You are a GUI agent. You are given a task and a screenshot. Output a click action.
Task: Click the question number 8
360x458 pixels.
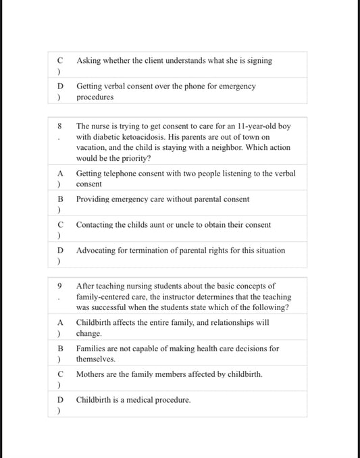59,126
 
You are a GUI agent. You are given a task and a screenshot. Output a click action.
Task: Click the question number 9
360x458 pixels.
59,286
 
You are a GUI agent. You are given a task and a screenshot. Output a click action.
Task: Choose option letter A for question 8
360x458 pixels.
60,174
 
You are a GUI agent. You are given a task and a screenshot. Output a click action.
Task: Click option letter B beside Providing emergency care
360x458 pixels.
60,199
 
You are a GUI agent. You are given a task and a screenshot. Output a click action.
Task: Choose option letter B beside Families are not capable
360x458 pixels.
60,349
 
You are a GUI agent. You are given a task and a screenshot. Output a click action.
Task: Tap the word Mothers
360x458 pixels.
91,374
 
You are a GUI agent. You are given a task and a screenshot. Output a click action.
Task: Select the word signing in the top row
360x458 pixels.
259,61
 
